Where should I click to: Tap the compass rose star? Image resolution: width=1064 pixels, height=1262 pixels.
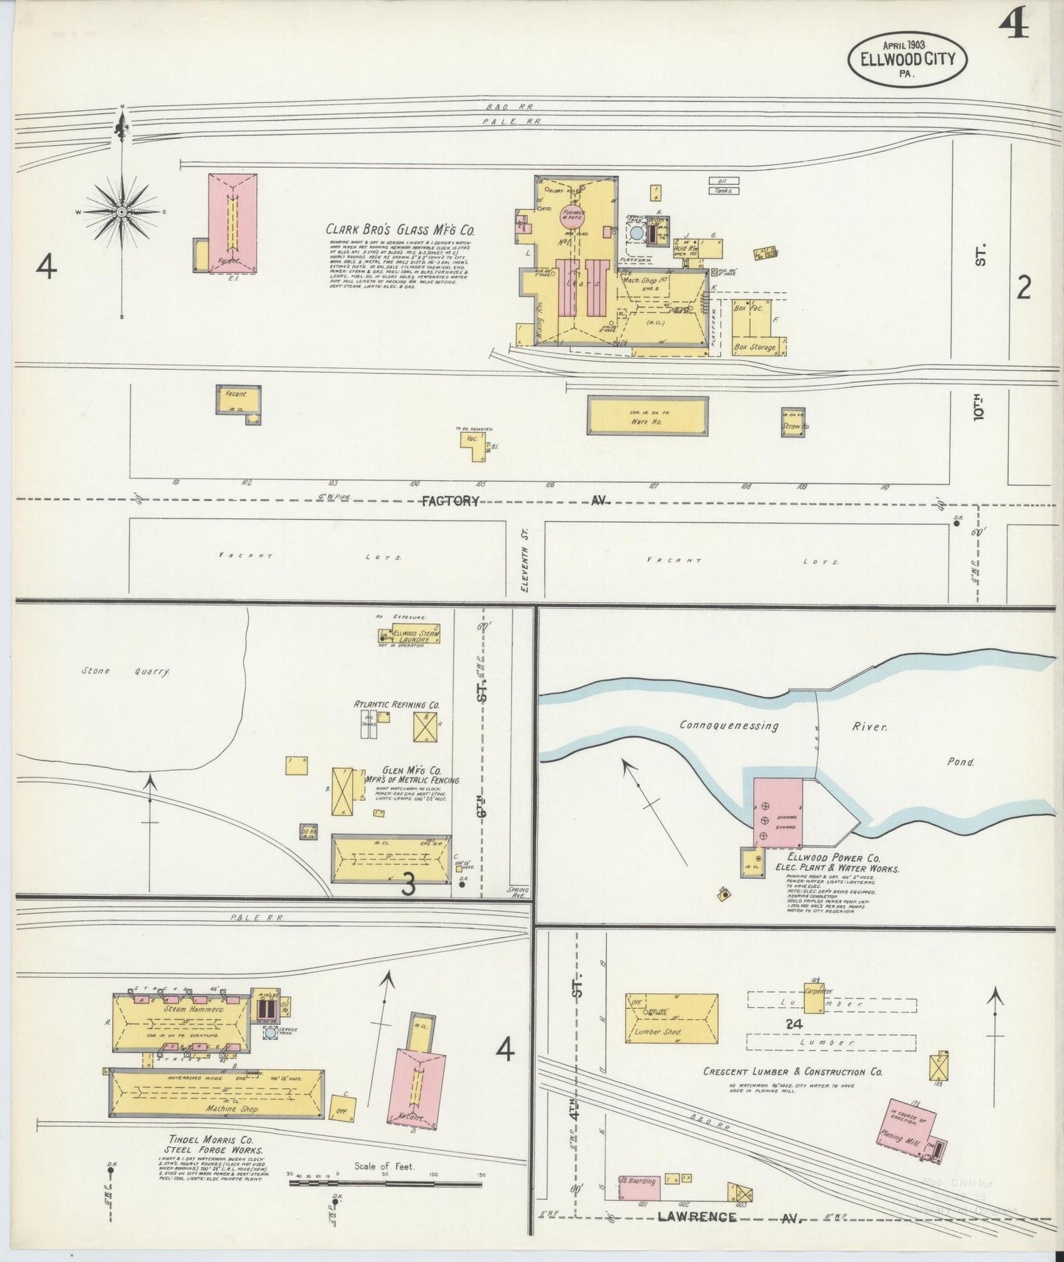121,212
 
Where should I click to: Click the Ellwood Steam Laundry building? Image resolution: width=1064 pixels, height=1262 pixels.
409,635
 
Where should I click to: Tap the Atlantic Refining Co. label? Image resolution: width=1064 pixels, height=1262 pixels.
397,705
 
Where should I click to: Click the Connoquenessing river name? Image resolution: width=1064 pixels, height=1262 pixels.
729,726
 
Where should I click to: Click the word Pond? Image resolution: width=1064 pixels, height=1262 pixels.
960,763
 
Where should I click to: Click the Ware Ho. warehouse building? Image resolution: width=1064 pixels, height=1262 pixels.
647,416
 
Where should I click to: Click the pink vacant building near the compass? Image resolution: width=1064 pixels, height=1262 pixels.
232,223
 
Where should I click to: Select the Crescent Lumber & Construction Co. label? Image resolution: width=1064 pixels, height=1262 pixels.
792,1072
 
